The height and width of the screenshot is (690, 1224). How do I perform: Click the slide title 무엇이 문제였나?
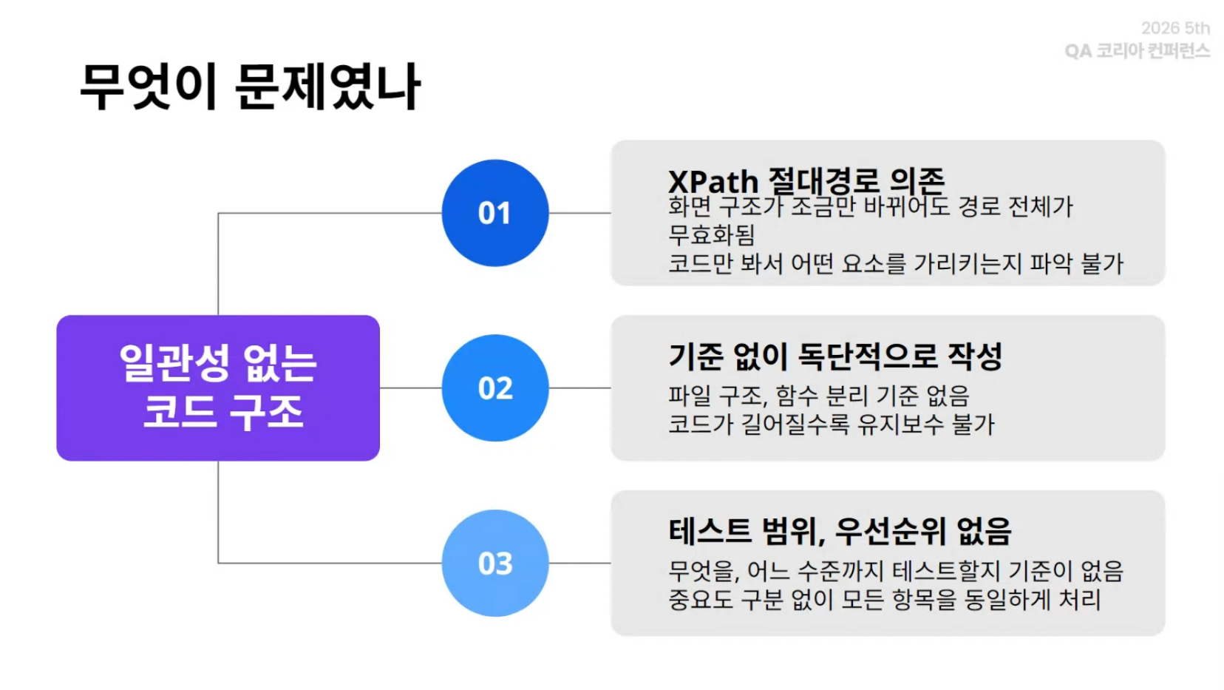[x=251, y=87]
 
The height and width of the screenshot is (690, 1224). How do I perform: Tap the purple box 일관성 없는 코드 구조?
[x=218, y=388]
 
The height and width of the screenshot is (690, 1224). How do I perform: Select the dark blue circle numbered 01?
[x=495, y=213]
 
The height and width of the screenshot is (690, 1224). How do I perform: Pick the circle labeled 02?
[x=495, y=388]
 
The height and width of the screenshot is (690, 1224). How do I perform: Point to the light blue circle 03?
[x=495, y=563]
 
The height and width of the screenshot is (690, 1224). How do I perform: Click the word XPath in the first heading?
[x=713, y=181]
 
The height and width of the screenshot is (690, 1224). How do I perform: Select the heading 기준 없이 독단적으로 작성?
[x=835, y=356]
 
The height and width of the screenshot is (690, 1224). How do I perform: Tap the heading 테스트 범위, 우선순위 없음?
[x=840, y=531]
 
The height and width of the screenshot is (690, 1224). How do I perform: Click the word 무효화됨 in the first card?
[x=712, y=235]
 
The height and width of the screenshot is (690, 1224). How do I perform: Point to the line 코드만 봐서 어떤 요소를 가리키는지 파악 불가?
[x=896, y=263]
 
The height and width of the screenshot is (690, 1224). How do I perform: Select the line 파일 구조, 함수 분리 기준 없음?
[x=818, y=396]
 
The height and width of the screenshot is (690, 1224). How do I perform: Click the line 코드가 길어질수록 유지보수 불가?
[x=831, y=425]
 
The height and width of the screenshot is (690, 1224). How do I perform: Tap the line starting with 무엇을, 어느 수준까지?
[x=896, y=572]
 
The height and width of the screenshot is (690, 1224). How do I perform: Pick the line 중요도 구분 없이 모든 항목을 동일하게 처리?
[x=884, y=600]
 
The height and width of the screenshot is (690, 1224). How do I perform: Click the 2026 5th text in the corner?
[x=1175, y=28]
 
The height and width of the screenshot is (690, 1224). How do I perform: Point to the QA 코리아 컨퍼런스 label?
[x=1137, y=51]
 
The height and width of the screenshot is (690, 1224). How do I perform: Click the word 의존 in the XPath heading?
[x=917, y=180]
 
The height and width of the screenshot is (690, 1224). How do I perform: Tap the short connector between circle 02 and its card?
[x=579, y=388]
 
